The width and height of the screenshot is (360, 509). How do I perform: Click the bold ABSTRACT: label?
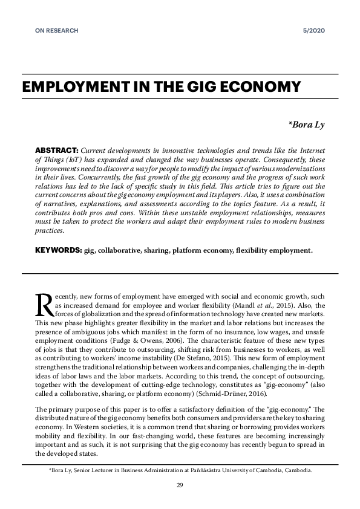point(57,149)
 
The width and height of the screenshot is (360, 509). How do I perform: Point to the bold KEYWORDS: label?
point(58,250)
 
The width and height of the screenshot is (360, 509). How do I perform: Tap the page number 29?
point(180,485)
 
